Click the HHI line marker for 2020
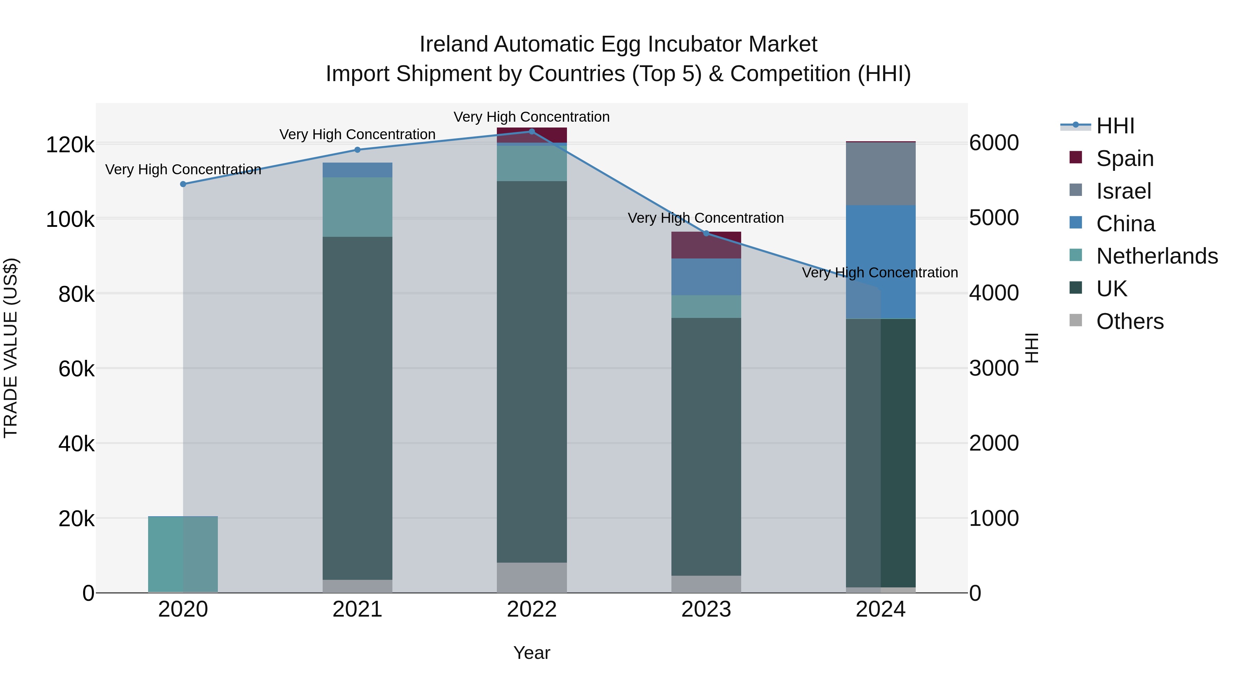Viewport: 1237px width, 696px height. pyautogui.click(x=183, y=184)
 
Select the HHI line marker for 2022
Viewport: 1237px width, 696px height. pyautogui.click(x=532, y=132)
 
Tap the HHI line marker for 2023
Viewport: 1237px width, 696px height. pyautogui.click(x=706, y=233)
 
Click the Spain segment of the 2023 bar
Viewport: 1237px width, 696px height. pyautogui.click(x=706, y=245)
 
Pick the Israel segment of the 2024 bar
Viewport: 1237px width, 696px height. pyautogui.click(x=881, y=174)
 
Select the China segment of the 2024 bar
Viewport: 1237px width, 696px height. pyautogui.click(x=881, y=262)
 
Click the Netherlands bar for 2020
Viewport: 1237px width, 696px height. pyautogui.click(x=183, y=554)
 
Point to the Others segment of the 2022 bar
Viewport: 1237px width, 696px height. pyautogui.click(x=532, y=577)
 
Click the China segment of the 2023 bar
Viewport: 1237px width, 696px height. pyautogui.click(x=706, y=277)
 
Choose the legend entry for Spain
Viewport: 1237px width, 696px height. pyautogui.click(x=1125, y=158)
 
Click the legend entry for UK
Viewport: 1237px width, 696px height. pyautogui.click(x=1111, y=289)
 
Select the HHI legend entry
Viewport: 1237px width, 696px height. pyautogui.click(x=1115, y=126)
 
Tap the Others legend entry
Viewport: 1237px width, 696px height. pyautogui.click(x=1129, y=321)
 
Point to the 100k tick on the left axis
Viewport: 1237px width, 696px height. pyautogui.click(x=70, y=220)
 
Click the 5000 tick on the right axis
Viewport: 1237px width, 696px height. pyautogui.click(x=993, y=218)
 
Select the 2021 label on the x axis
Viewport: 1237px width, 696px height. pyautogui.click(x=357, y=609)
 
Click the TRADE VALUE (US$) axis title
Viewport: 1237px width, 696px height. pyautogui.click(x=11, y=348)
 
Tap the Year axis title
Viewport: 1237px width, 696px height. pyautogui.click(x=532, y=653)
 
